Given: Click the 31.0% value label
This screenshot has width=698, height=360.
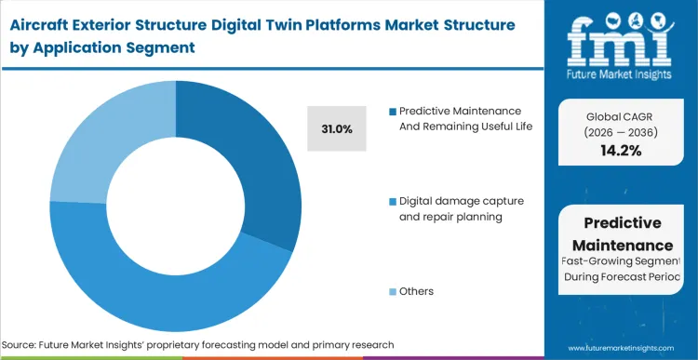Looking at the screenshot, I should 337,129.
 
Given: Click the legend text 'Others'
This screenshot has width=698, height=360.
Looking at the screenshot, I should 417,291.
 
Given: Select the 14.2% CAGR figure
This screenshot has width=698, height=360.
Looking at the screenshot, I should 620,151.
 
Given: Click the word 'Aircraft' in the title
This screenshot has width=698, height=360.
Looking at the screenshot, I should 43,22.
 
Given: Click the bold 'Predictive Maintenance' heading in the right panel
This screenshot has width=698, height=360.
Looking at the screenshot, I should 620,234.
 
